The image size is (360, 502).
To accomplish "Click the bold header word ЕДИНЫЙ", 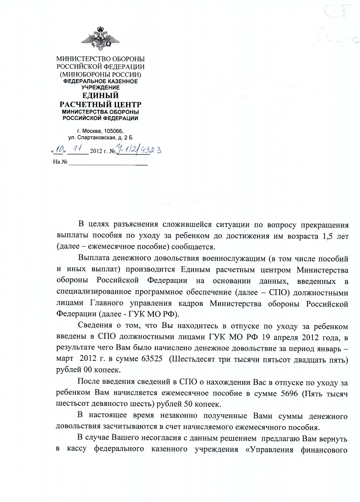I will [x=99, y=96].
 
